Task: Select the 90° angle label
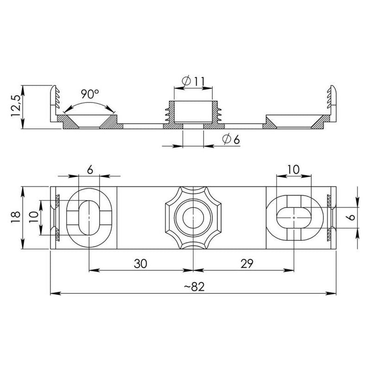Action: [x=90, y=94]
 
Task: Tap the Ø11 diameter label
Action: [x=193, y=81]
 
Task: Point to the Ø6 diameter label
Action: [x=231, y=140]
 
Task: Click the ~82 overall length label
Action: [x=194, y=287]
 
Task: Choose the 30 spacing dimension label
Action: [x=141, y=263]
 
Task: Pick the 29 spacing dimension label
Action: [x=247, y=263]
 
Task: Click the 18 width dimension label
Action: [x=16, y=217]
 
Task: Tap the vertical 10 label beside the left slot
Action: [x=34, y=217]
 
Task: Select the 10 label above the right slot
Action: [x=294, y=170]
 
